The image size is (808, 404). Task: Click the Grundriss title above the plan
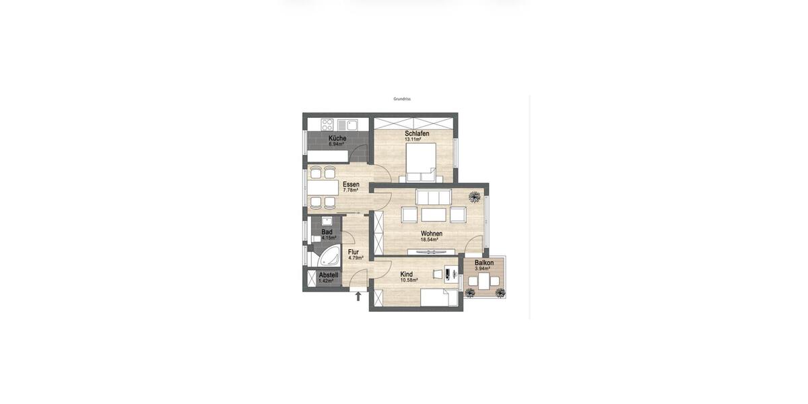[402, 99]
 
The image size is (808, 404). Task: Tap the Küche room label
[337, 138]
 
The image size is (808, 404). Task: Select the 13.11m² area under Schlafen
[413, 139]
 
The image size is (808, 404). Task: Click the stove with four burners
[327, 125]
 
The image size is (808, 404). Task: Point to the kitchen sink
[347, 125]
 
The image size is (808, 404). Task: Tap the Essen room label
[351, 184]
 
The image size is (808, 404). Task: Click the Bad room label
[327, 232]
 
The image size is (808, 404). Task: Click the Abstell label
[329, 275]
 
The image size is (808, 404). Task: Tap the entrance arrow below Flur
[358, 296]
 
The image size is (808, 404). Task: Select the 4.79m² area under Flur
[356, 258]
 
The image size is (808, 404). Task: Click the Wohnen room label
[432, 234]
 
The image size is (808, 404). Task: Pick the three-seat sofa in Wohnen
[434, 197]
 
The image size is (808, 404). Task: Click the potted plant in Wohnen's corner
[475, 197]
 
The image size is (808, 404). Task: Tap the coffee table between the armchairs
[434, 214]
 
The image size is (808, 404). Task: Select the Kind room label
[407, 274]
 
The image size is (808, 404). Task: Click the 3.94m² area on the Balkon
[482, 269]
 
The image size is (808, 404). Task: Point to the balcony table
[484, 281]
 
